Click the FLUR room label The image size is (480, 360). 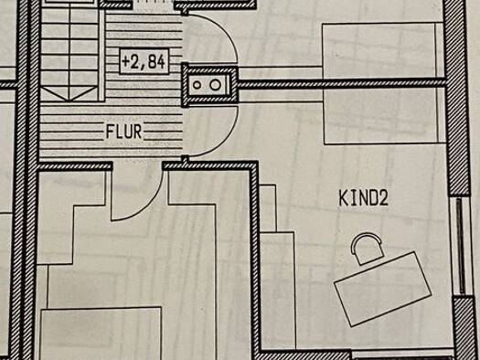coord(123,132)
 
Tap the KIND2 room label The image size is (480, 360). coord(363,197)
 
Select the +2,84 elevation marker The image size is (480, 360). coord(144,61)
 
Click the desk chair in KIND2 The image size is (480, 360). coord(367,249)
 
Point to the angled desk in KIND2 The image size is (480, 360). coord(383,289)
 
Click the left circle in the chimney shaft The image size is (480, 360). coord(197,85)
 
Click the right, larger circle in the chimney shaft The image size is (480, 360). coord(215,85)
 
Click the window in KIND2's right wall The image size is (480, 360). coord(461,246)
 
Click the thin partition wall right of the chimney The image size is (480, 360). coord(342,83)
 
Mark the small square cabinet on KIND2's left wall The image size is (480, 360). coord(268,208)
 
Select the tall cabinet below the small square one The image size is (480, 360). coord(278,290)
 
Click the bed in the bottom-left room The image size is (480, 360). coord(101,334)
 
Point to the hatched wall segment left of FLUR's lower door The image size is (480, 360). coord(75,166)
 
